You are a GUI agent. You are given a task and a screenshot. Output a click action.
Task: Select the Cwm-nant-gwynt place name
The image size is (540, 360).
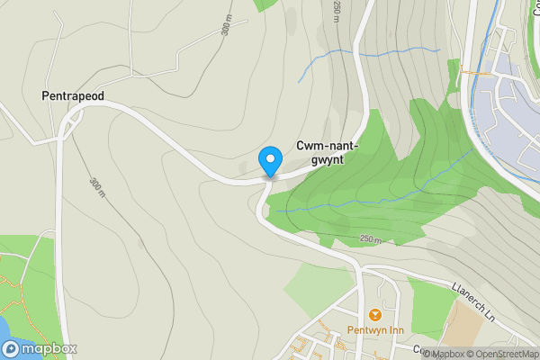[328, 151]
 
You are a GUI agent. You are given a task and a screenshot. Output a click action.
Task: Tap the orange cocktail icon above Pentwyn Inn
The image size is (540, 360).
[373, 315]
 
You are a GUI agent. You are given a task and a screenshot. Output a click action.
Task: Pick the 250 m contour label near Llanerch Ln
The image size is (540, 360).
[371, 239]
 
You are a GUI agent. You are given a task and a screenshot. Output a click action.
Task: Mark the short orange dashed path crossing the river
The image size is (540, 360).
[473, 67]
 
